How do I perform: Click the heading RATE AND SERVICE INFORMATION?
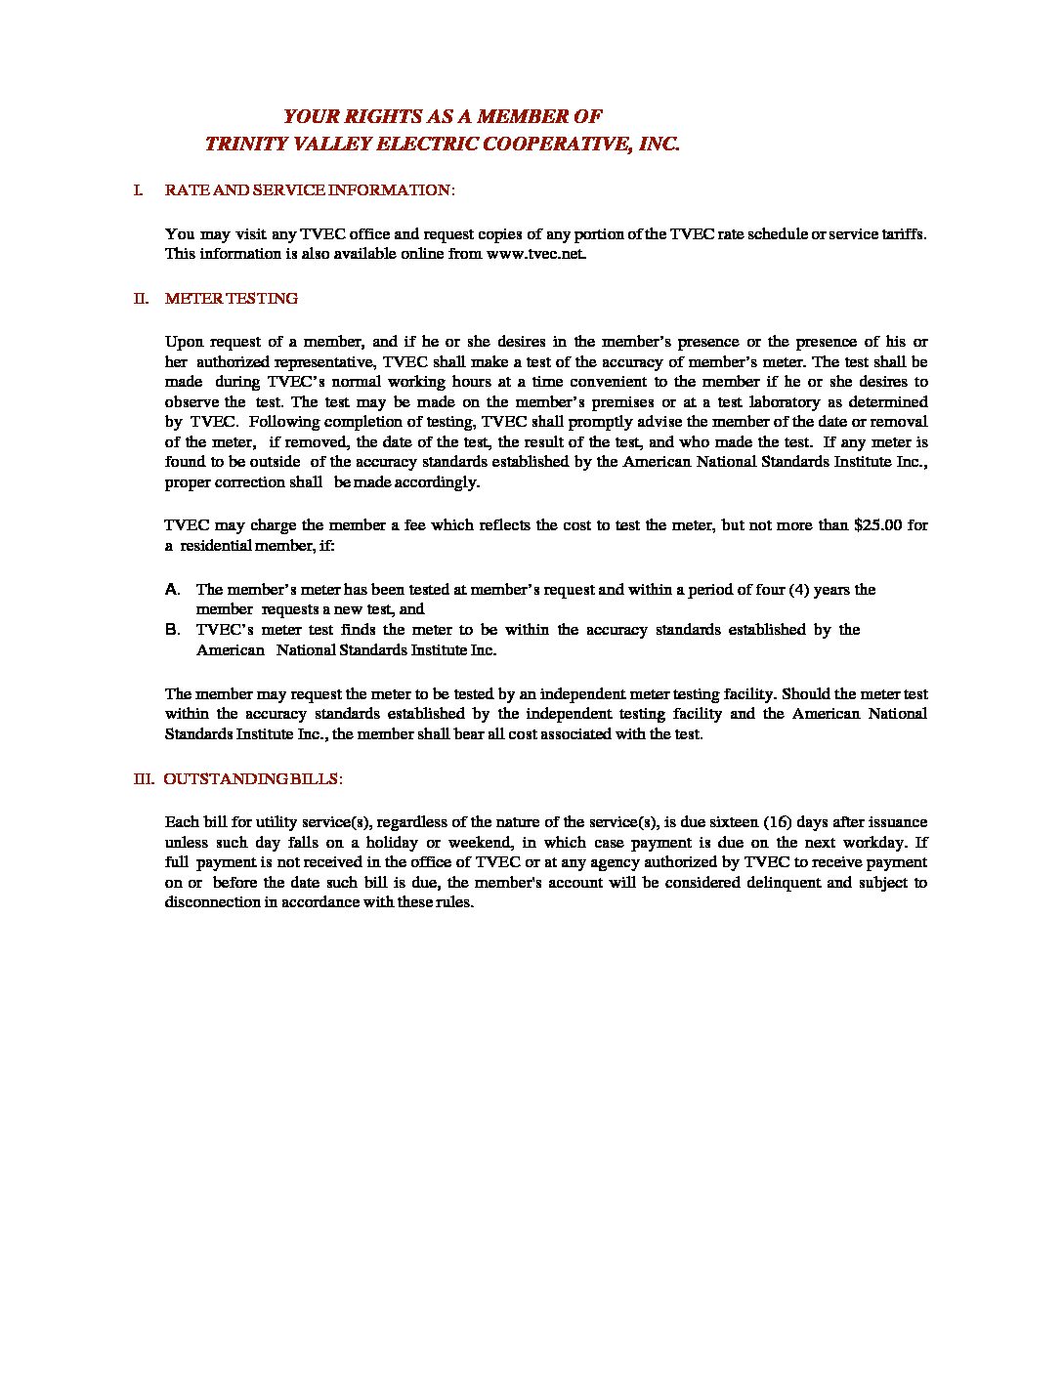coord(309,189)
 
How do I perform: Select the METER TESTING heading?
coord(232,299)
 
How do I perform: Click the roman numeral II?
coord(141,299)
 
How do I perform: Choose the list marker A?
coord(172,590)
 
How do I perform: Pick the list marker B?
coord(172,630)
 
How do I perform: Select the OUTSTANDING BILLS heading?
coord(252,779)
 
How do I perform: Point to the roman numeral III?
coord(144,779)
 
